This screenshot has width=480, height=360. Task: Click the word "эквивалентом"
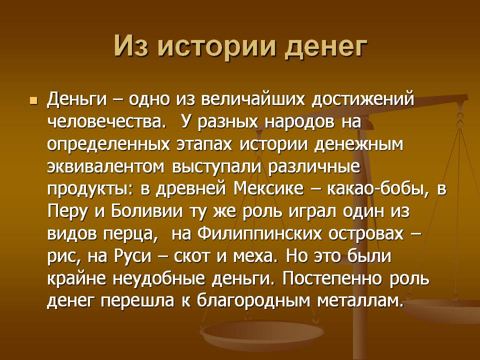pos(108,167)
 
